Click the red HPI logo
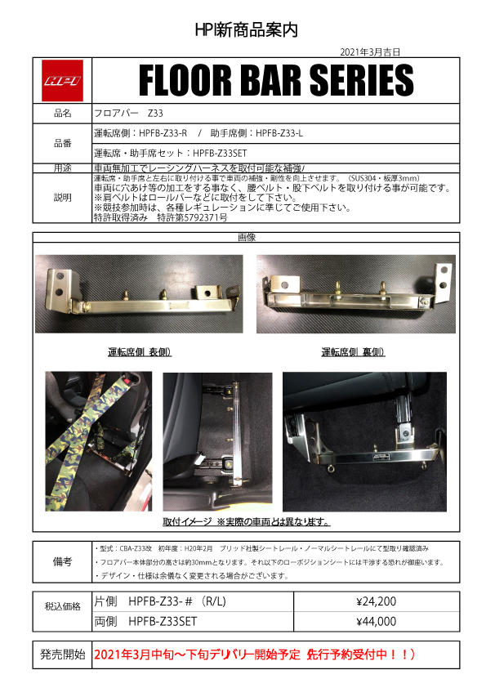pos(62,80)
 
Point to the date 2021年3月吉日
pos(370,51)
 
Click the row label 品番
pos(62,142)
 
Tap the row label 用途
pos(62,168)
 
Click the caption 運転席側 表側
pos(145,352)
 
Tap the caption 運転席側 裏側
pos(354,352)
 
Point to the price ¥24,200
pos(377,602)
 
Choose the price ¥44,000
pos(377,621)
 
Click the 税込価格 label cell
pos(62,606)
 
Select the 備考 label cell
pos(62,562)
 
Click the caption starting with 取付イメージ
pos(246,521)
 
